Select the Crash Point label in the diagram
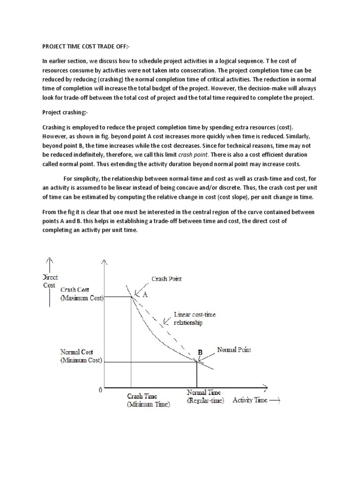coord(166,278)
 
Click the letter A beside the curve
coord(145,295)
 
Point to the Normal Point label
coord(234,350)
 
